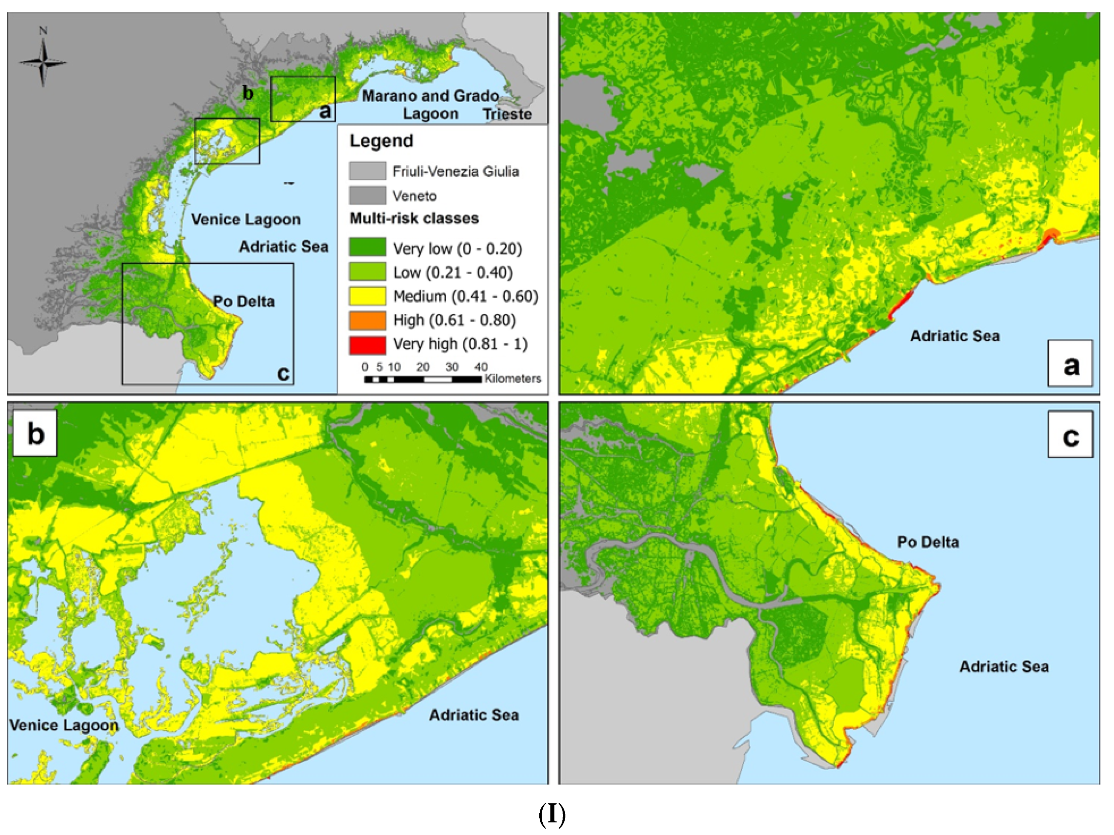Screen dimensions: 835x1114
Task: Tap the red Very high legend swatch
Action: [368, 345]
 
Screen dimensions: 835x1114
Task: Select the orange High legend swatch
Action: [368, 320]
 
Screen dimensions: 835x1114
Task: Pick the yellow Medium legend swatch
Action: [368, 296]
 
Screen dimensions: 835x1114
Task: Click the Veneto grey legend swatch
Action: [368, 196]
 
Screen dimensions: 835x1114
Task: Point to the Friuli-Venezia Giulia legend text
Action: [455, 172]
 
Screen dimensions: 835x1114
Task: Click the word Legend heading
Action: [381, 141]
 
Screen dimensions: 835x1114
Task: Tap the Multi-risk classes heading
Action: [414, 218]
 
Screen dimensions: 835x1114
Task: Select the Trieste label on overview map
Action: [507, 114]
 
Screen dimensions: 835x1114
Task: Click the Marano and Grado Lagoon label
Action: [431, 104]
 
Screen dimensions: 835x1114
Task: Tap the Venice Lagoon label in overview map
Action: [246, 219]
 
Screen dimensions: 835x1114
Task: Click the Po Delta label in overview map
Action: [244, 302]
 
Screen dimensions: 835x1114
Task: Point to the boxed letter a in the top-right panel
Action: [1070, 363]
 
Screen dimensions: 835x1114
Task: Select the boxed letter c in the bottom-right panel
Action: [1070, 434]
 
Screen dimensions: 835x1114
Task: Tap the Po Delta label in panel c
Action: [928, 543]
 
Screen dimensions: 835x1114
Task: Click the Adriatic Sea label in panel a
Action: [954, 336]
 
